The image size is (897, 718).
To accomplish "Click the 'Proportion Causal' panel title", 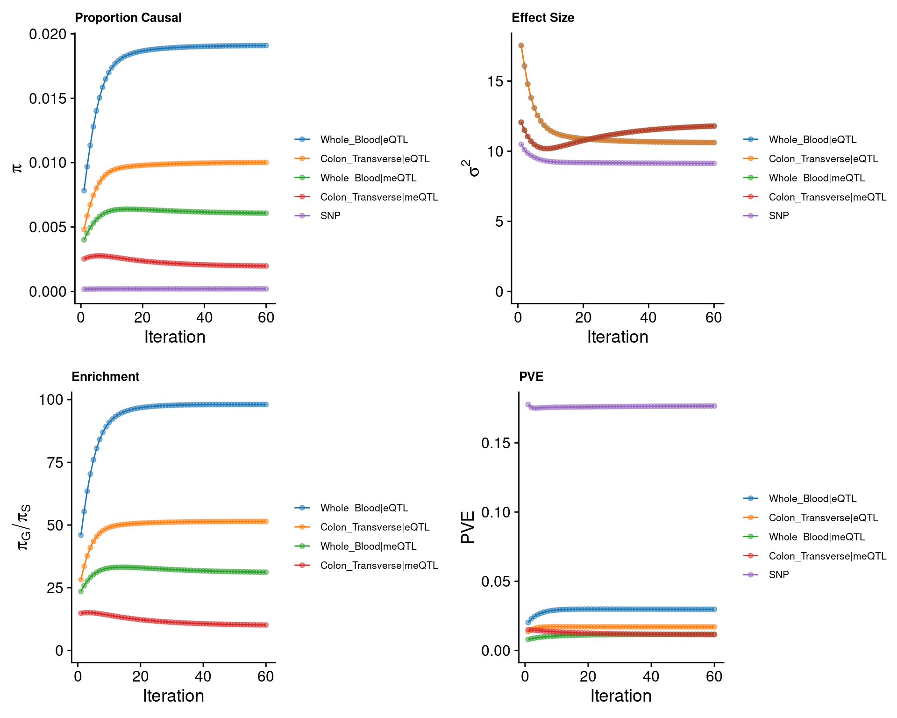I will click(128, 18).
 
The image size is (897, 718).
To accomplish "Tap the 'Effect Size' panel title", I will click(543, 18).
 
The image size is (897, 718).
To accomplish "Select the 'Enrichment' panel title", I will click(106, 377).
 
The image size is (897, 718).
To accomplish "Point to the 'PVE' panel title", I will click(531, 377).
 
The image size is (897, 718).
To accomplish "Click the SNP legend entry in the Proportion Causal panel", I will click(330, 216).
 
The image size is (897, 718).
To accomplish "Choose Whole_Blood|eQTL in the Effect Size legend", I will click(812, 140).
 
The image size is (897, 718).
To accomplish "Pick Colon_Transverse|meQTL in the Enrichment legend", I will click(379, 566).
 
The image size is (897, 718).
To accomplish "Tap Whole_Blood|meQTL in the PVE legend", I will click(817, 537).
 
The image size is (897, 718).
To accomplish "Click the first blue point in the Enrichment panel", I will click(81, 535).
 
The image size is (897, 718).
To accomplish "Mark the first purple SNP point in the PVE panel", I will click(528, 405).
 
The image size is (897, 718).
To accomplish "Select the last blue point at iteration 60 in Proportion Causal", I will click(266, 45).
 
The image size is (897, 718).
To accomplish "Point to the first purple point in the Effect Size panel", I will click(521, 144).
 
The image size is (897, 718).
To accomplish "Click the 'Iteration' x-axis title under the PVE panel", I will click(621, 696).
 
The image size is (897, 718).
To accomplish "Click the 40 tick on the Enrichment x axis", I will click(203, 676).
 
